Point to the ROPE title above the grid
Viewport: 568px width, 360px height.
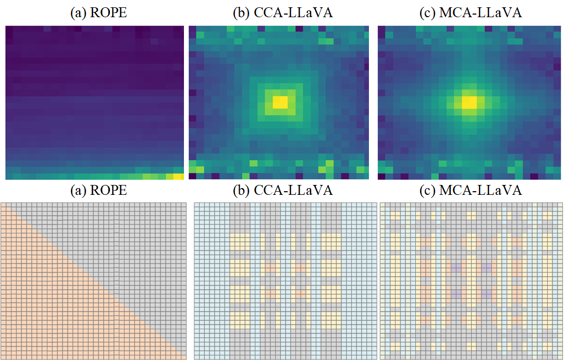pyautogui.click(x=98, y=191)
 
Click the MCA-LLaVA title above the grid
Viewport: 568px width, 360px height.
pyautogui.click(x=470, y=191)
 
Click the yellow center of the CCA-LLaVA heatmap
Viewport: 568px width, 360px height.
pyautogui.click(x=280, y=102)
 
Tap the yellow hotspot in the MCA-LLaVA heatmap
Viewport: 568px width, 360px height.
pyautogui.click(x=469, y=102)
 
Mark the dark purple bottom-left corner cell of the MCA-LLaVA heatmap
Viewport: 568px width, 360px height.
pyautogui.click(x=381, y=176)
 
